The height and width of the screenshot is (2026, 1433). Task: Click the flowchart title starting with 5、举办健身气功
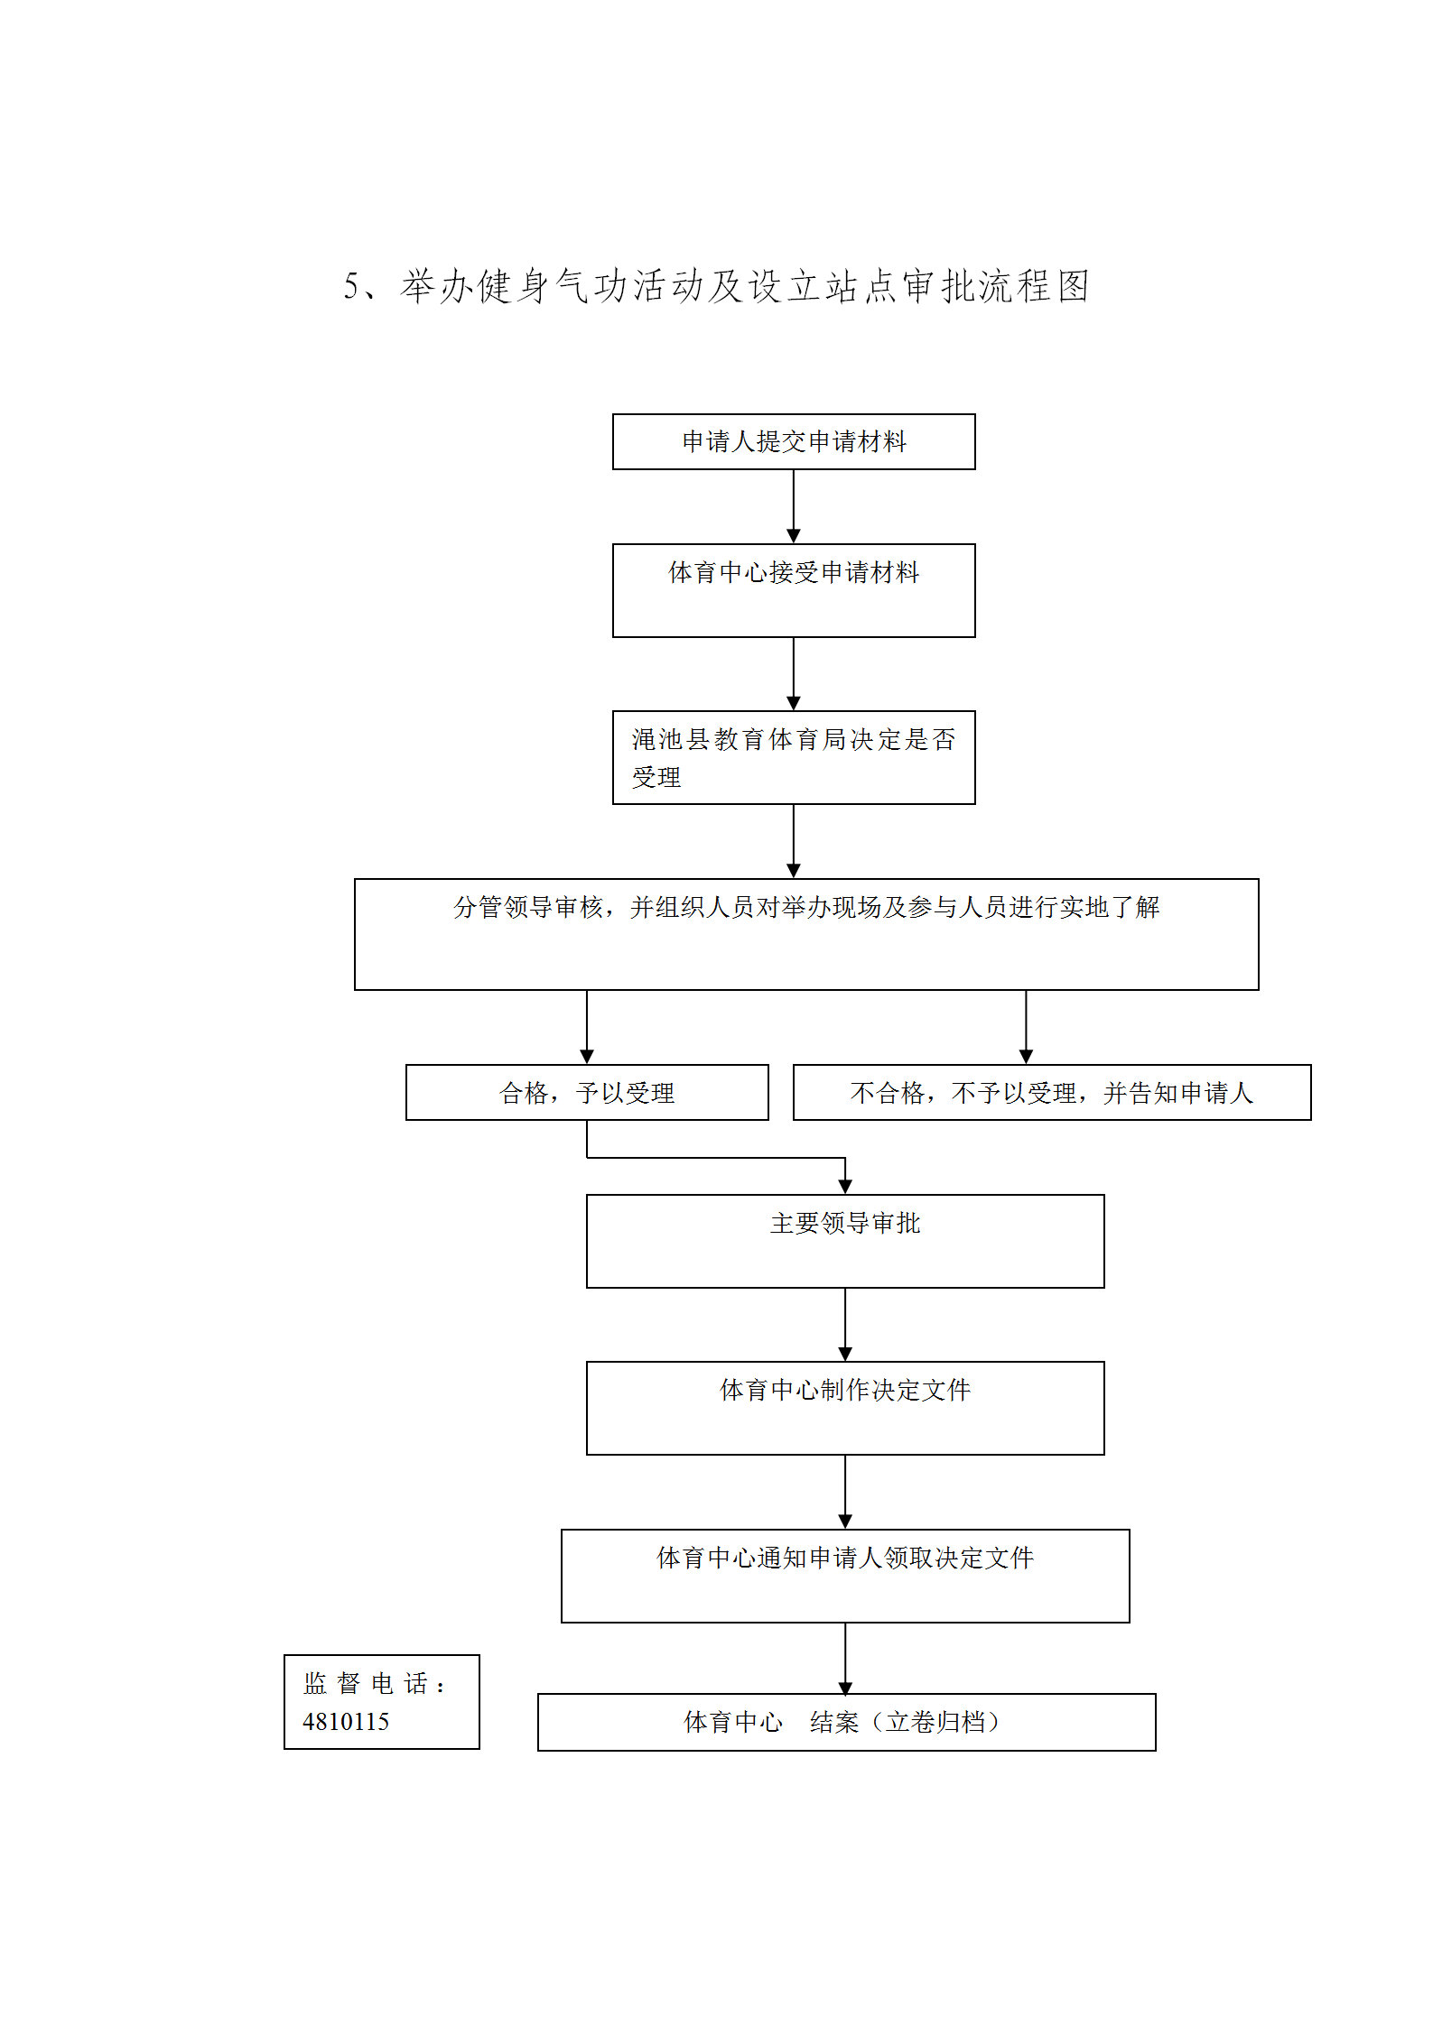716,286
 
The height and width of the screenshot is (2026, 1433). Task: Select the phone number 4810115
346,1722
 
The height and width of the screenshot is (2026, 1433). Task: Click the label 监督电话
375,1683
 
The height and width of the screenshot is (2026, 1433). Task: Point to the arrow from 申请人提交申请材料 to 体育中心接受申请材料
794,506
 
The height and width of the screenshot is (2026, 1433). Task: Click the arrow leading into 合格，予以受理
587,1027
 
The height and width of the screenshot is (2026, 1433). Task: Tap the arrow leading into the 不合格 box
1026,1027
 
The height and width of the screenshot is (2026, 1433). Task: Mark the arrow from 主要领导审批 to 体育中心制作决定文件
845,1325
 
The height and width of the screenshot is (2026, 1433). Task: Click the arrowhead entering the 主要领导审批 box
845,1187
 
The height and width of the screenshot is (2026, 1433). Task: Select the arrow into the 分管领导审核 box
794,841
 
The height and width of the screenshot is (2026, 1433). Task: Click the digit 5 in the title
350,287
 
